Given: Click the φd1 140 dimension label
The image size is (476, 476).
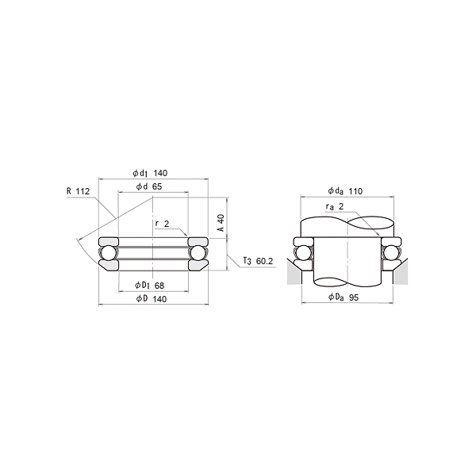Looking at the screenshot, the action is tap(150, 173).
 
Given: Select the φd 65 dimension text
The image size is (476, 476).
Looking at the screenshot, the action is tap(149, 186).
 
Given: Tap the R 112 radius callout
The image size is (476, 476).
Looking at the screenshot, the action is tap(79, 191).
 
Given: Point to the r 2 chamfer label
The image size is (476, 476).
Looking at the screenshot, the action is tap(162, 224).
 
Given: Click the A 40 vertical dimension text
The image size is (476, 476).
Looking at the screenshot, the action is tap(221, 223).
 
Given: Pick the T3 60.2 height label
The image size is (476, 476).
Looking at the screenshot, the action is tap(259, 261).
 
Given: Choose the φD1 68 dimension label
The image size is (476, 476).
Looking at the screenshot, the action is tap(149, 286).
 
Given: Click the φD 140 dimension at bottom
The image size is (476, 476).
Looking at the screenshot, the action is tap(152, 299).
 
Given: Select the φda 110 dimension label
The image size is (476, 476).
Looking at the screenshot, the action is tap(345, 191).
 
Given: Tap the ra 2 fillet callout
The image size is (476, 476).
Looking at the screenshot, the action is tap(335, 207).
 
